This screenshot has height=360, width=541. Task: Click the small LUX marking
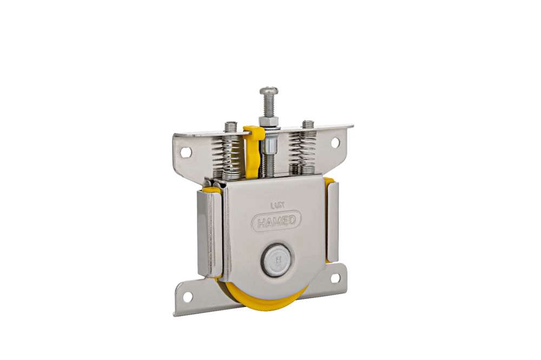(x=278, y=205)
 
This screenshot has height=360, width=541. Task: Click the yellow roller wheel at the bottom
(x=262, y=295)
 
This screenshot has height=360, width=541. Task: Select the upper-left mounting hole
(x=186, y=152)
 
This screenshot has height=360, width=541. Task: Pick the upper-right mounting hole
(x=335, y=142)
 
